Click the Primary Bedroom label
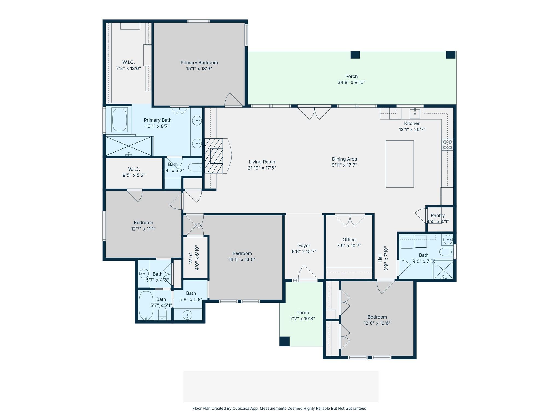coord(199,63)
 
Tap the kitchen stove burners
coord(447,145)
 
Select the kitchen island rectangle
coord(399,164)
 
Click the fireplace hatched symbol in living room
coord(214,156)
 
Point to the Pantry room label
coord(437,215)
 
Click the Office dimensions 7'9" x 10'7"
coord(349,246)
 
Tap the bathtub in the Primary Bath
coord(119,120)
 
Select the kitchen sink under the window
coord(415,113)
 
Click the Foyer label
coord(304,246)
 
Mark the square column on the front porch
coord(284,342)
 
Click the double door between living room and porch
coord(314,113)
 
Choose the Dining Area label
coord(344,159)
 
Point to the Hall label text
coord(380,258)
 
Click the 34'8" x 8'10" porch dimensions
coord(351,83)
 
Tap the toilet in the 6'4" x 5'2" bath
coord(195,167)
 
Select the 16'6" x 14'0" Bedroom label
coord(242,253)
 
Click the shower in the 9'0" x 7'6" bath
coord(443,270)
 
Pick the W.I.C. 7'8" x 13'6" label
coord(128,65)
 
